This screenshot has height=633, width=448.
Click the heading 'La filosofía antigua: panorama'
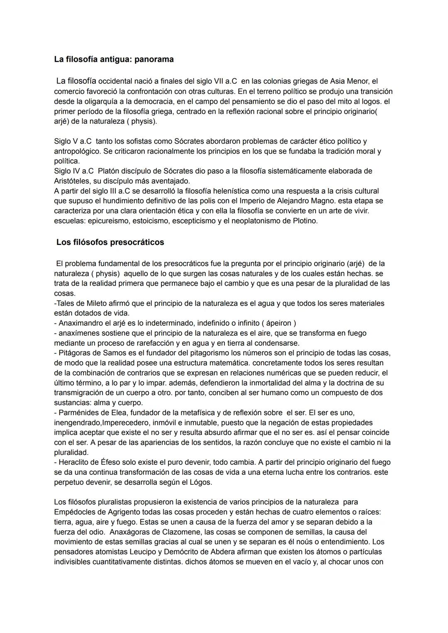pos(114,59)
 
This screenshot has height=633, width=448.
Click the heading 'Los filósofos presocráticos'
pos(110,242)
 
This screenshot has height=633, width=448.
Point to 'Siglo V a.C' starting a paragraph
pos(73,142)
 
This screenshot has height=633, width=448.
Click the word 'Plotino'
pos(304,221)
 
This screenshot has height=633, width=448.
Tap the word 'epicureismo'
pos(108,221)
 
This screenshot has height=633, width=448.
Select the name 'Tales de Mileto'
pos(81,303)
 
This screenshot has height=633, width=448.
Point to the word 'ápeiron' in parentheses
pos(278,323)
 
